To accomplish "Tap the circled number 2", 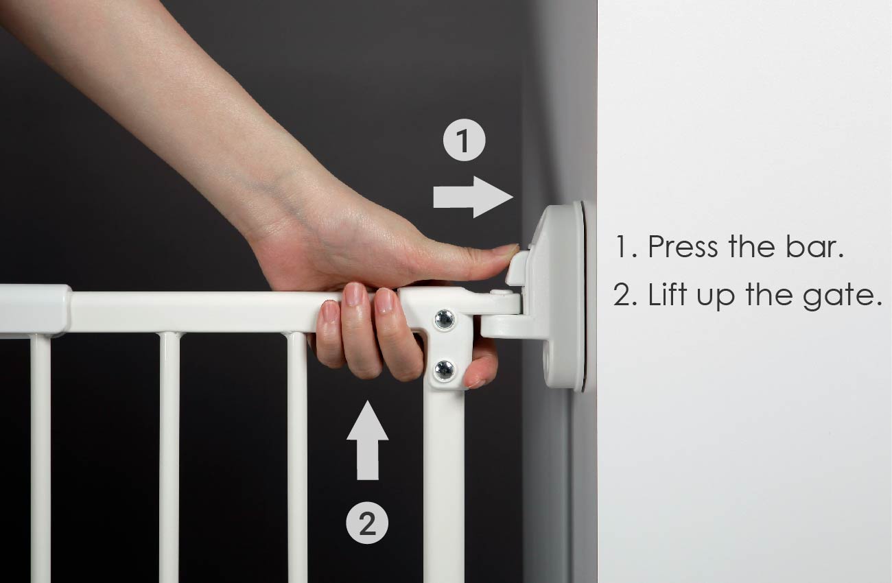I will [367, 524].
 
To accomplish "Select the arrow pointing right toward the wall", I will [473, 196].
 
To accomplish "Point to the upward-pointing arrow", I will [367, 440].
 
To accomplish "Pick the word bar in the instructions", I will [817, 247].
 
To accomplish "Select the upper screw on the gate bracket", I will [444, 319].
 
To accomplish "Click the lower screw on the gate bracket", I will [444, 370].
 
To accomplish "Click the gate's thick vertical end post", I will [443, 480].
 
